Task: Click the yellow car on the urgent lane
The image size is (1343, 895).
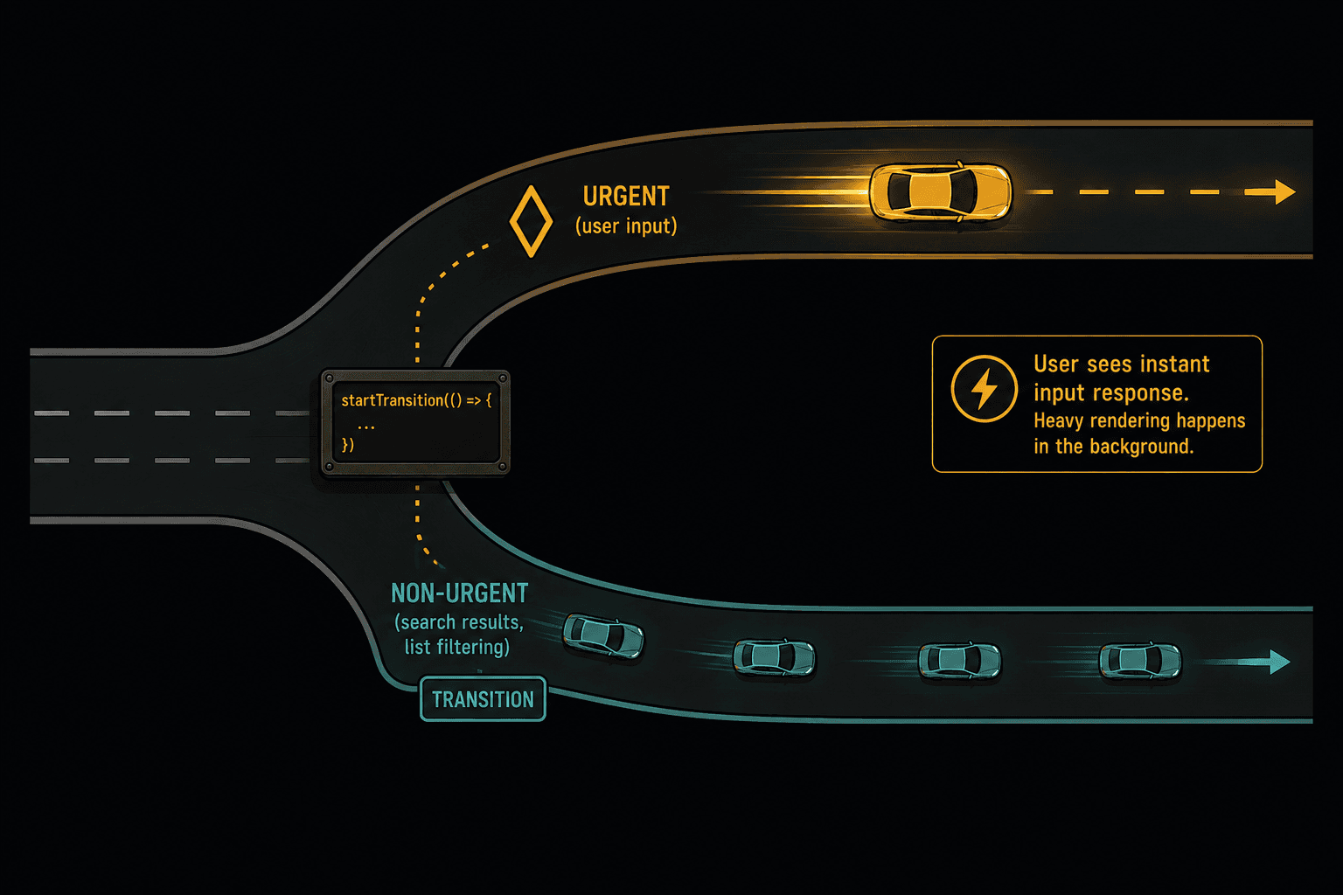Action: pos(940,191)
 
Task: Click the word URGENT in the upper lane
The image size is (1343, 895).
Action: pos(626,197)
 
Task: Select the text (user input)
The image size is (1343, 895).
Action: pos(626,226)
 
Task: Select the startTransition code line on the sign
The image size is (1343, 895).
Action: pos(416,400)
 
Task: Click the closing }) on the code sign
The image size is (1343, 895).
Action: pos(348,445)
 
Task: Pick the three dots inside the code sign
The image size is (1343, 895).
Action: pos(365,427)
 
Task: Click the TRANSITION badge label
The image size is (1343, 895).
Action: pos(483,699)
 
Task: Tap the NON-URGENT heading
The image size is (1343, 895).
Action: pos(459,593)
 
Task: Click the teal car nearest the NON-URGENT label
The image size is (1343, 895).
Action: pos(603,636)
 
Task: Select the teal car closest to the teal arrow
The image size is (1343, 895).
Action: pos(1140,662)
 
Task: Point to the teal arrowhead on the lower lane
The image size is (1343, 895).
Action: pos(1280,662)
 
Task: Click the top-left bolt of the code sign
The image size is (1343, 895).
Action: pos(329,378)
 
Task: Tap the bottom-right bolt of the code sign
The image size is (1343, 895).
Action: pos(503,467)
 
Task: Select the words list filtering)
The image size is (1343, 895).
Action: pos(457,648)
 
